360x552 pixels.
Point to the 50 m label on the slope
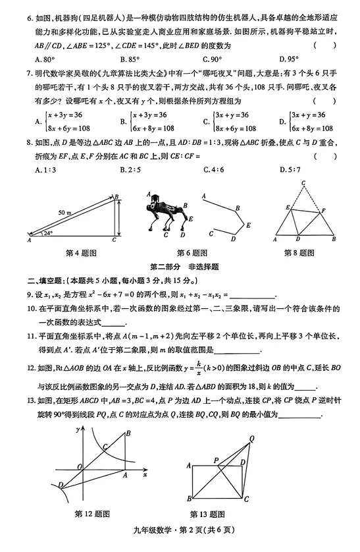[64, 213]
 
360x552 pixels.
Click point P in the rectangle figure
[217, 459]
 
